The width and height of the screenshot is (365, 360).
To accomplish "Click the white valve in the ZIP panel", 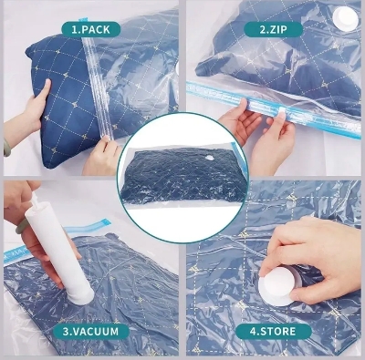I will (344, 15).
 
